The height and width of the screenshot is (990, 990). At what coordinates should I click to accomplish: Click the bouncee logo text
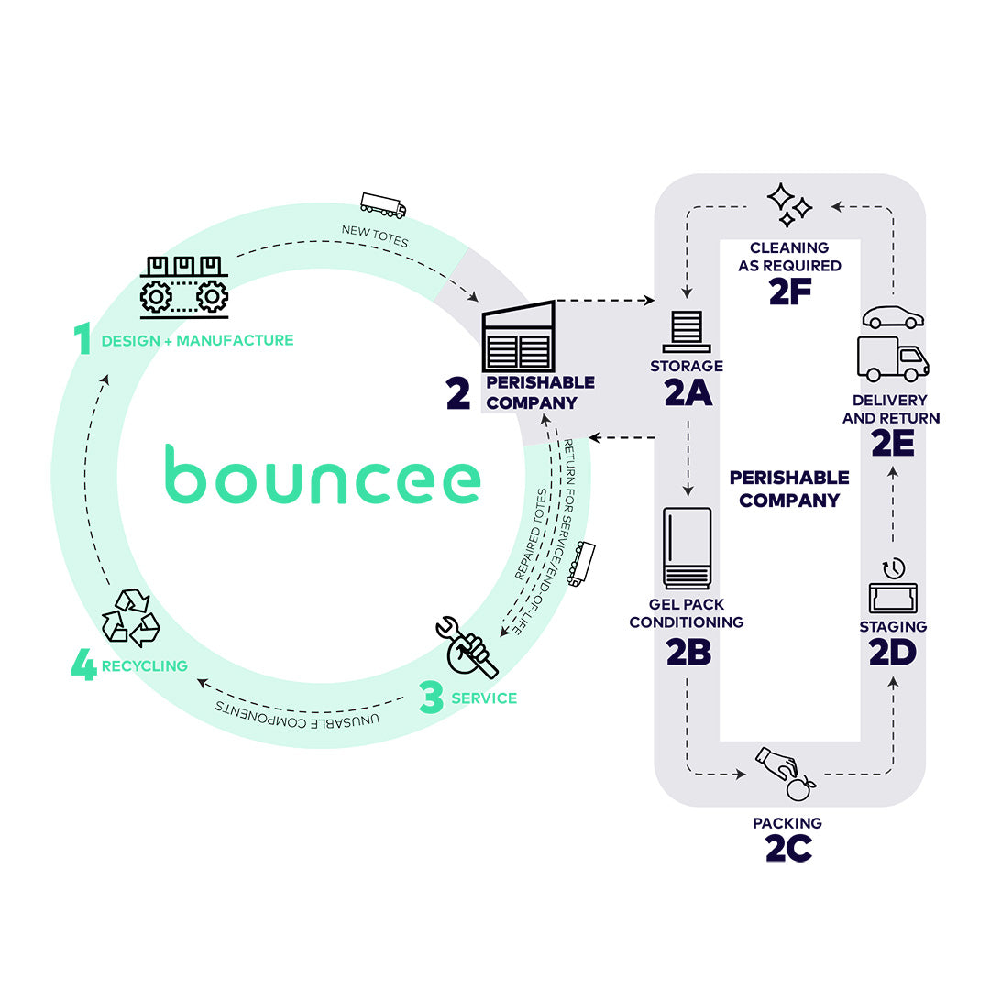tap(323, 474)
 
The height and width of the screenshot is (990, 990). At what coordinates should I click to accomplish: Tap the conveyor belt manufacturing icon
tap(183, 286)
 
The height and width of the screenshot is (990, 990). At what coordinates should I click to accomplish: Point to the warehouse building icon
tap(519, 336)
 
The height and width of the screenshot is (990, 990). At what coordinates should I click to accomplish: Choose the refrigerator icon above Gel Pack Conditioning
tap(687, 547)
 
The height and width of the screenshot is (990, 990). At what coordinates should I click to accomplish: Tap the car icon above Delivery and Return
tap(893, 316)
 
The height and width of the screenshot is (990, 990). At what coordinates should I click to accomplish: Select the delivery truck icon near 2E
tap(892, 358)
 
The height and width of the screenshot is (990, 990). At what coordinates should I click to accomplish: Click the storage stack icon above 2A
tap(687, 331)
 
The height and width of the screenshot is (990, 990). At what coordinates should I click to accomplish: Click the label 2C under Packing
tap(788, 849)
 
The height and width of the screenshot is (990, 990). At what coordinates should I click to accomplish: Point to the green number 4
tap(83, 666)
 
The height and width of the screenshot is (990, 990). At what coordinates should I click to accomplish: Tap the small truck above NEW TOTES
tap(383, 204)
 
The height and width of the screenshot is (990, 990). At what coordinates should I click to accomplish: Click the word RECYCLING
tap(144, 666)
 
